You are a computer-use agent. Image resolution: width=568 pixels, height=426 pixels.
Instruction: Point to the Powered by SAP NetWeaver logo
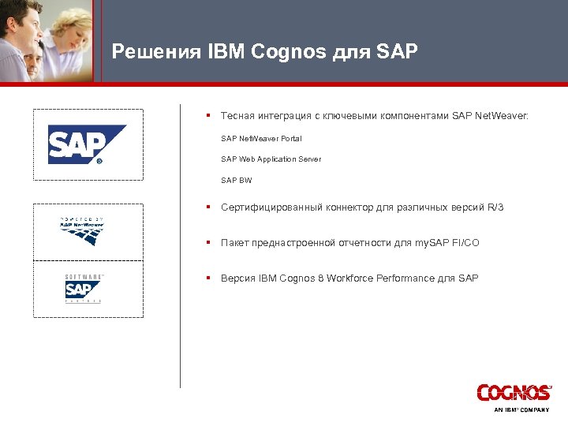83,230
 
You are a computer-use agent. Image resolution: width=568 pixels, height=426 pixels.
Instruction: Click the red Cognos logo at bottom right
514,393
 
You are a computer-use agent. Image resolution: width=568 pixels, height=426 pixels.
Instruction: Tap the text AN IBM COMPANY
521,410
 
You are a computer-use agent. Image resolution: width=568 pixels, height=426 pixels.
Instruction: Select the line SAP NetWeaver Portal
261,139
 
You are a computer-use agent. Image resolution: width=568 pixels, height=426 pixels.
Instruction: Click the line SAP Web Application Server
271,159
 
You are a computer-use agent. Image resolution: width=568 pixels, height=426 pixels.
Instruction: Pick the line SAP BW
237,181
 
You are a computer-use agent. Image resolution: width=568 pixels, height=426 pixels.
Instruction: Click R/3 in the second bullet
495,207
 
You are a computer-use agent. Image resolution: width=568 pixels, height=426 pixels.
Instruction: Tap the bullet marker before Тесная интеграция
207,115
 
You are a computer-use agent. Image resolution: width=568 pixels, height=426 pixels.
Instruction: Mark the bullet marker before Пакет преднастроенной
207,243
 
